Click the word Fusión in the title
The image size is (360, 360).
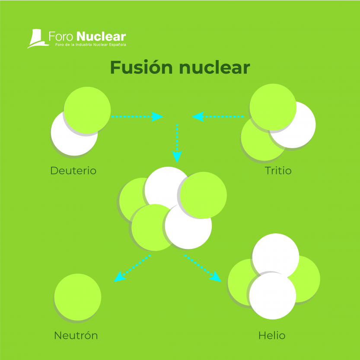click(x=141, y=68)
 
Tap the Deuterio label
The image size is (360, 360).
click(x=73, y=170)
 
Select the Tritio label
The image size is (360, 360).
click(x=278, y=170)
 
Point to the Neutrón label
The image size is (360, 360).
click(x=76, y=335)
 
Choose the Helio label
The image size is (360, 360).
click(x=272, y=335)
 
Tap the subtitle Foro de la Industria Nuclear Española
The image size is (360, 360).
click(x=88, y=45)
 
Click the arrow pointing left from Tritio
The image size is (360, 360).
click(x=218, y=116)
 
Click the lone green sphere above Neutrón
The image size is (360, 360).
click(x=78, y=297)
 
